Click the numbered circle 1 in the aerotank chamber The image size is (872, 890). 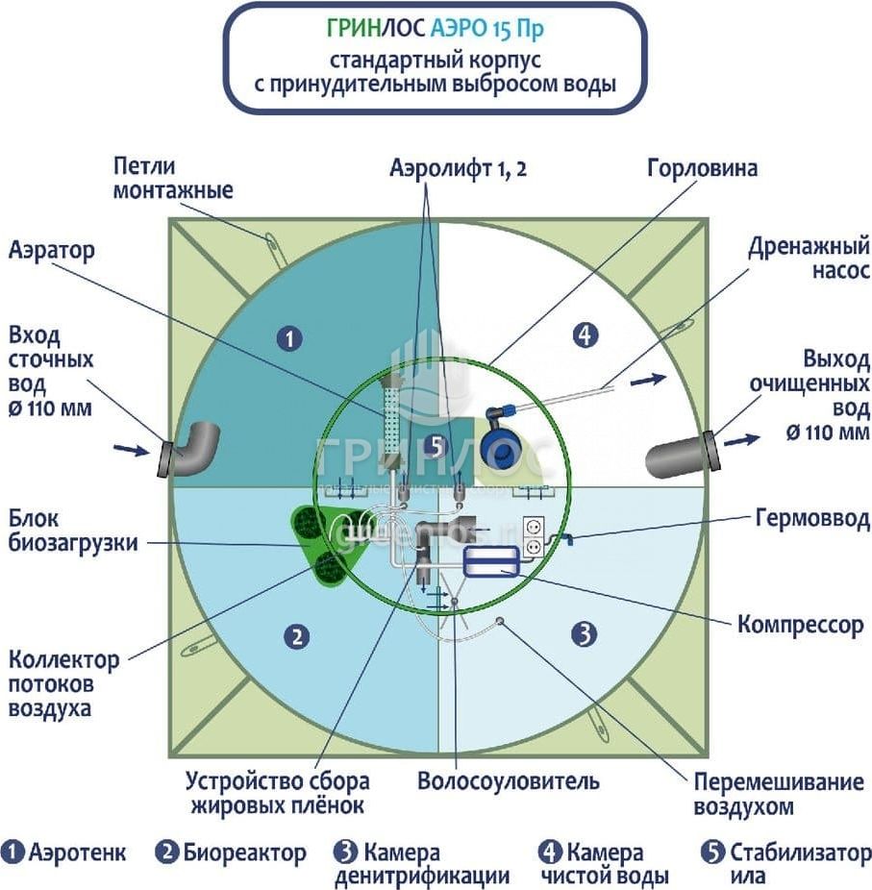click(288, 337)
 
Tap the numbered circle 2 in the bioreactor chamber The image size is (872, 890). click(298, 635)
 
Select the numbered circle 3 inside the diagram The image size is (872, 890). click(585, 633)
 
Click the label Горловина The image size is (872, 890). click(702, 169)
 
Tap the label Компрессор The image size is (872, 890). click(800, 625)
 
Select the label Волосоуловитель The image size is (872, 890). click(508, 779)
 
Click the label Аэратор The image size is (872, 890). click(52, 252)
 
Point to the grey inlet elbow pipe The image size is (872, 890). click(193, 448)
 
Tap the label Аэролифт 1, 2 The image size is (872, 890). click(459, 169)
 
